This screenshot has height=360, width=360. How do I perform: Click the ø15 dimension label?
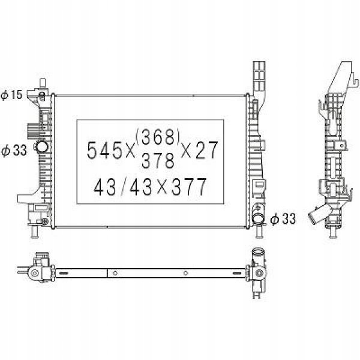[x=11, y=95]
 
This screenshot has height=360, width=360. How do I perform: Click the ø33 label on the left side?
[x=14, y=151]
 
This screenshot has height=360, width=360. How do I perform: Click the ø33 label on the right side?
[x=283, y=219]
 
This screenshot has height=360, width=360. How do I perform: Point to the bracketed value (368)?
[x=157, y=137]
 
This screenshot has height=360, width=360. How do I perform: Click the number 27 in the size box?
[x=206, y=150]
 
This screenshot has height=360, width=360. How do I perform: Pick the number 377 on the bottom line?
[x=189, y=187]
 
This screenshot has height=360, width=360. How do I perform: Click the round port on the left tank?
[x=41, y=147]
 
